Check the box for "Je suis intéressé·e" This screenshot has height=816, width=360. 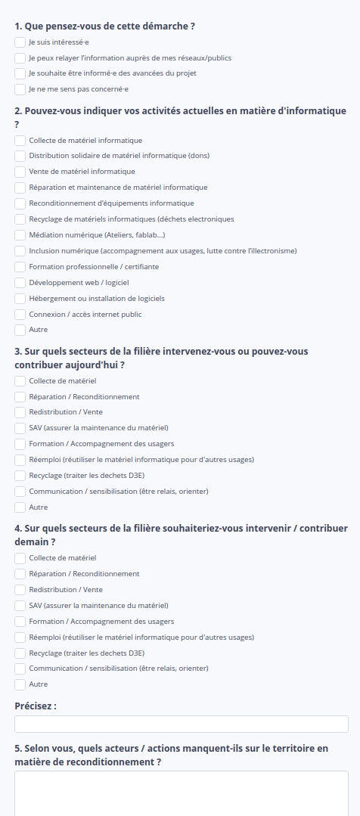(20, 42)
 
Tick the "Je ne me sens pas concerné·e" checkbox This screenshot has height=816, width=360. (20, 89)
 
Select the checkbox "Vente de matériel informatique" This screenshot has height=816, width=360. (20, 172)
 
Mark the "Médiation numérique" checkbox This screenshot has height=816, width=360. (20, 235)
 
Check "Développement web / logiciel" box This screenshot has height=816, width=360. (20, 283)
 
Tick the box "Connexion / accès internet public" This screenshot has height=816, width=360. (20, 315)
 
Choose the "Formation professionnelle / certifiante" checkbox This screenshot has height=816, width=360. (20, 267)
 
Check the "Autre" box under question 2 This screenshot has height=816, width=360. (20, 330)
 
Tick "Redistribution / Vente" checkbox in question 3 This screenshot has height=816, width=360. (20, 412)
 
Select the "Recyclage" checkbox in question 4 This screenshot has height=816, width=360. (20, 653)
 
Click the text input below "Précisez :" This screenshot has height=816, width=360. (182, 724)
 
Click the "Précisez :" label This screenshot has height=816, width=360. (36, 706)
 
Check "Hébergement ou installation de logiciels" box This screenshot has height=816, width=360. (20, 299)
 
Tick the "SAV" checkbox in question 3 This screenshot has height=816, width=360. (20, 428)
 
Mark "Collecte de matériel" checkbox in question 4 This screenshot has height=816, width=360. (20, 558)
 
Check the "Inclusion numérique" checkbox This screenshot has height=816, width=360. (20, 251)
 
